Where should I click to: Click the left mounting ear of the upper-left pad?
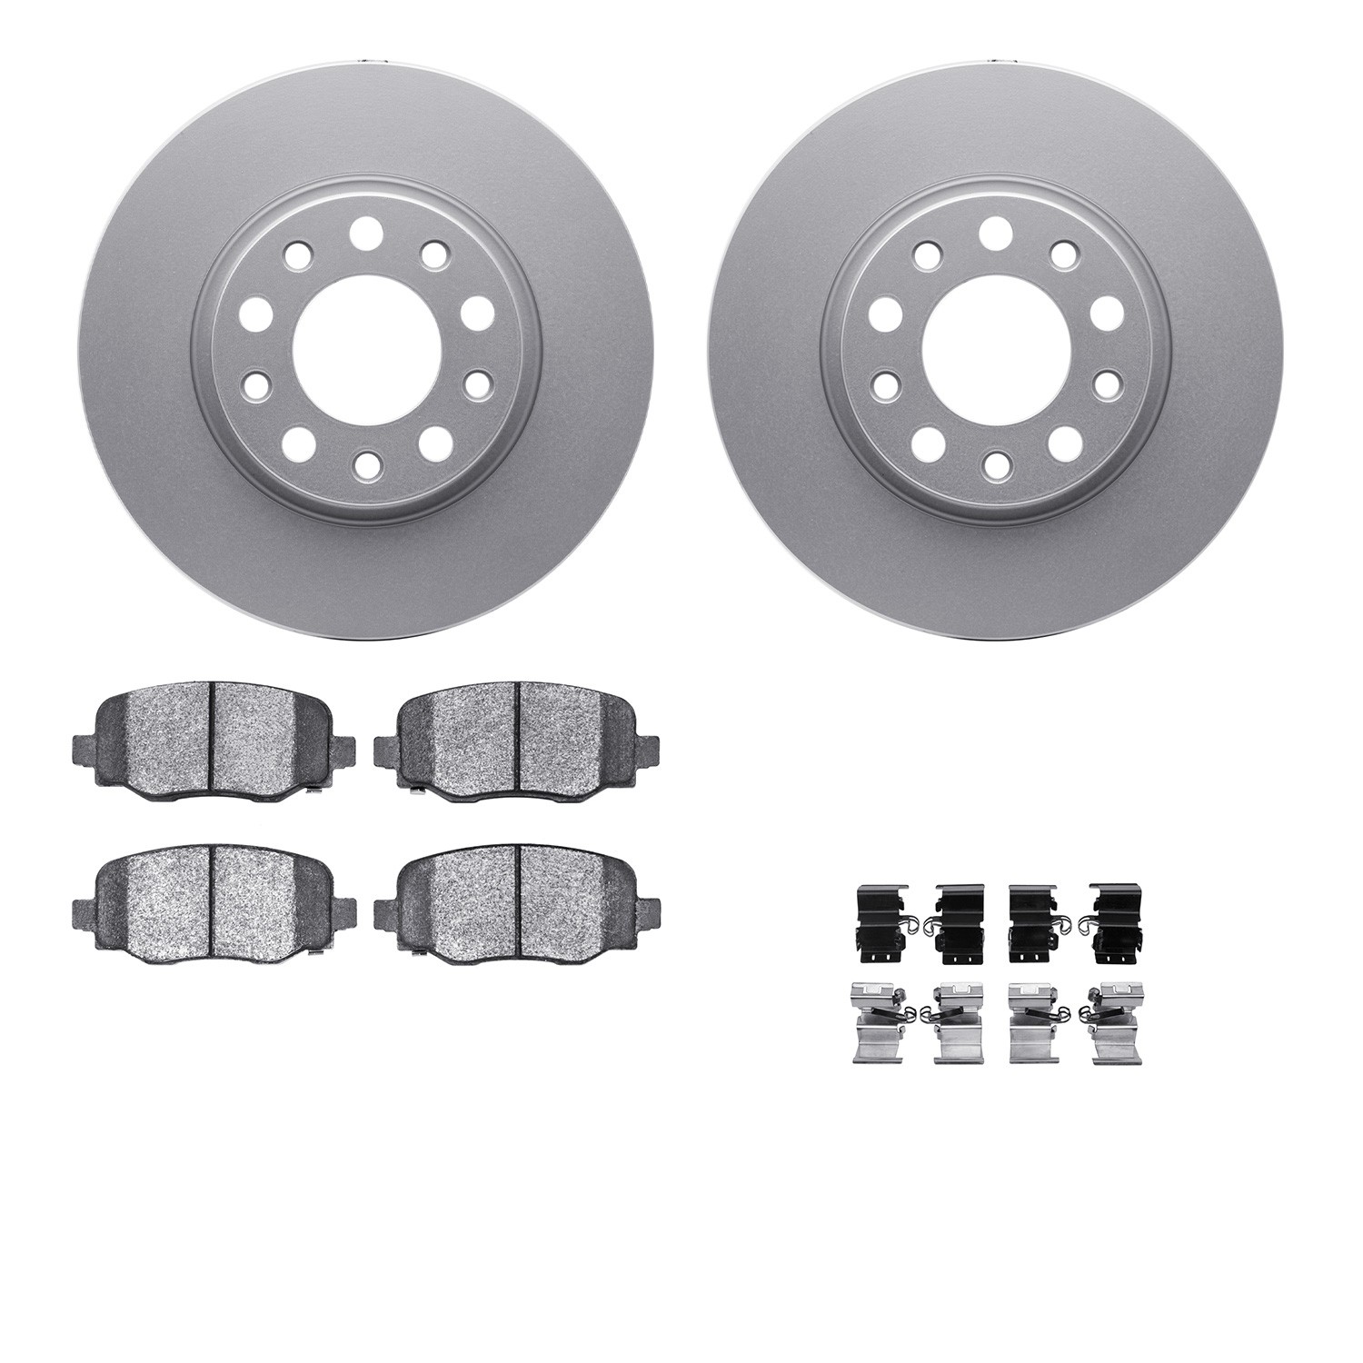click(x=84, y=749)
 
